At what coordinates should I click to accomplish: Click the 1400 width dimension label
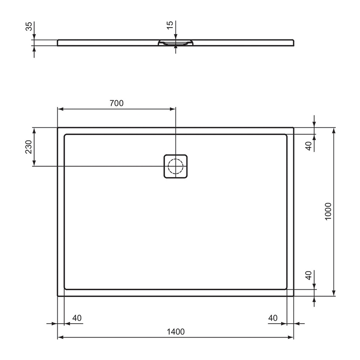coord(175,332)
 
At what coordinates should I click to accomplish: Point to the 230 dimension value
coord(28,147)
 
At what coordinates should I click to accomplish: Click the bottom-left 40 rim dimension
coord(77,318)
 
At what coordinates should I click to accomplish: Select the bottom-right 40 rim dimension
coord(273,318)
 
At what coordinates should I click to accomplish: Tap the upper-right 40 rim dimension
coord(309,146)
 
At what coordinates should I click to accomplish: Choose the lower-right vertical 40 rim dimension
coord(309,276)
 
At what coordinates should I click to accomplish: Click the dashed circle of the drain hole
coord(175,166)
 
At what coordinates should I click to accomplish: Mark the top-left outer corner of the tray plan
coord(58,127)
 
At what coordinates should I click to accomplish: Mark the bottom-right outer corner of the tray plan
coord(293,296)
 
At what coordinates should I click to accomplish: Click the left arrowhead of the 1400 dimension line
coord(60,338)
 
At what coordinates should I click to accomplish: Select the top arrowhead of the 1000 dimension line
coord(335,130)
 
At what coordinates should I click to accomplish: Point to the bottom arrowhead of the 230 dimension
coord(35,163)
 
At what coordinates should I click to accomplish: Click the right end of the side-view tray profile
coord(293,42)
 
